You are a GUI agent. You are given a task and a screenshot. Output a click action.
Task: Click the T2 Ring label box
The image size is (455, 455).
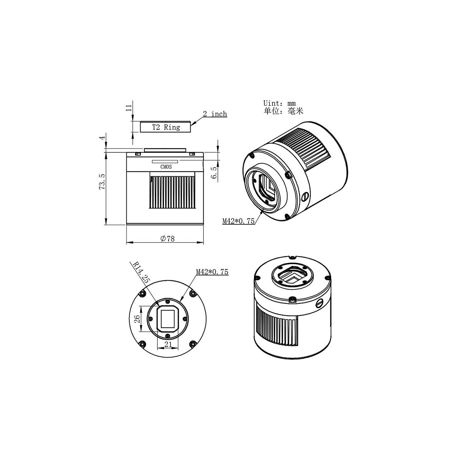pyautogui.click(x=165, y=127)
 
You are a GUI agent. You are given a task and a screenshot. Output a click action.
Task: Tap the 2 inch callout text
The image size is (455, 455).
pyautogui.click(x=215, y=114)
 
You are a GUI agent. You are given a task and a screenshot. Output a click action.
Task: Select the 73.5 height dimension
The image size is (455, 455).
pyautogui.click(x=102, y=181)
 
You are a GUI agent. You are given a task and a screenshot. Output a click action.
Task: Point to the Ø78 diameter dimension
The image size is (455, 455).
pyautogui.click(x=167, y=239)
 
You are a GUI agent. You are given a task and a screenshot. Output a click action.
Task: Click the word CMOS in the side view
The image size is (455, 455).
pyautogui.click(x=166, y=167)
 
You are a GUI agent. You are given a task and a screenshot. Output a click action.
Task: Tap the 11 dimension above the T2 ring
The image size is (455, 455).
pyautogui.click(x=128, y=108)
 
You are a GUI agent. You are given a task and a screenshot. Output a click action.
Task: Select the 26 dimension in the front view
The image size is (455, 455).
pyautogui.click(x=137, y=319)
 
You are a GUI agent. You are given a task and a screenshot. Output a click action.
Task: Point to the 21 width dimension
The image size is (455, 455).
pyautogui.click(x=168, y=345)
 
